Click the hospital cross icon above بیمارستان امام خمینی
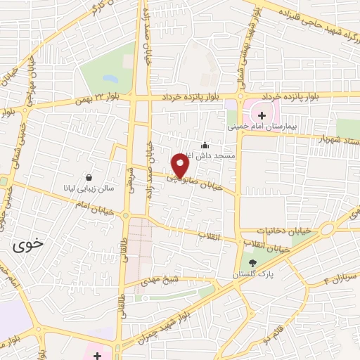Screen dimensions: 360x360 pos(262,115)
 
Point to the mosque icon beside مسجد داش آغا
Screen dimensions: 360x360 pos(205,146)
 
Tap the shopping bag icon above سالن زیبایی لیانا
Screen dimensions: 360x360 pos(89,177)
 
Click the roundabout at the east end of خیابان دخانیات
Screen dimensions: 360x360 pos(328,229)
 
